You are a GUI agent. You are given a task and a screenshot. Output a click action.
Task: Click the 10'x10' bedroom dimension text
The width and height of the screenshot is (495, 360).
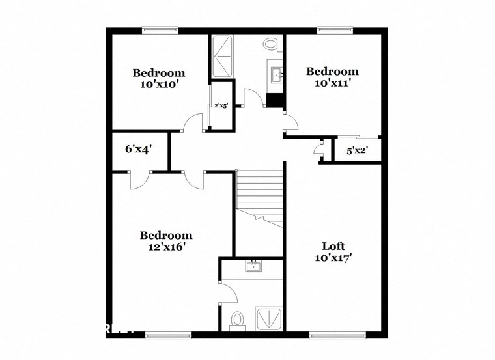[159, 84]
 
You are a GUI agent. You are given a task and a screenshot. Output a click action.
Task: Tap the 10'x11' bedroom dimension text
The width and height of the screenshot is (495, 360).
[333, 83]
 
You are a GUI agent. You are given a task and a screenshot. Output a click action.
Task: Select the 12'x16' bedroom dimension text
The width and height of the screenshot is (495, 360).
[166, 247]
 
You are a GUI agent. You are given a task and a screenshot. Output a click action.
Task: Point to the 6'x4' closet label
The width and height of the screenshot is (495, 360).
[138, 149]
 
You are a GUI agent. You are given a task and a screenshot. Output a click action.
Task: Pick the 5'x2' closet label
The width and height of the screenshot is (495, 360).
[356, 151]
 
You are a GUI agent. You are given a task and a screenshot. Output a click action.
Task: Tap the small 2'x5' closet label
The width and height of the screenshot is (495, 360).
[221, 105]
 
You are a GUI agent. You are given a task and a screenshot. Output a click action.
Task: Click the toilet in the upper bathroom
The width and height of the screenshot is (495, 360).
[272, 44]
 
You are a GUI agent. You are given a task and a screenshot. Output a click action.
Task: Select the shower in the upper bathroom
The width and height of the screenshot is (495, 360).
[222, 56]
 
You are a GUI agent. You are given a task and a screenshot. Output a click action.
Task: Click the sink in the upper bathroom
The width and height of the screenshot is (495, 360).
[276, 74]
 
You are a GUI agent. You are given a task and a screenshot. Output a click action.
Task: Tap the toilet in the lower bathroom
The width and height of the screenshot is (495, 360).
[238, 320]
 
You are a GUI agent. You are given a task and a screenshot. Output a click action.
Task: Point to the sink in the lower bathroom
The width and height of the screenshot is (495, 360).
[253, 266]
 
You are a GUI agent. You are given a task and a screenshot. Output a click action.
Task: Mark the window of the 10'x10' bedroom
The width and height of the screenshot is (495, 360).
[160, 29]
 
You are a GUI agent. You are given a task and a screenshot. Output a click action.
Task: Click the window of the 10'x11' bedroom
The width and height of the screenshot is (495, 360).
[335, 29]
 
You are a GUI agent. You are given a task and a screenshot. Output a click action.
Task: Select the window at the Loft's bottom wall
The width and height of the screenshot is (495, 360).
[332, 335]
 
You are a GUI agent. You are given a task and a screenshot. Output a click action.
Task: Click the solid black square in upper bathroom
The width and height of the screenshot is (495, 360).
[276, 101]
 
